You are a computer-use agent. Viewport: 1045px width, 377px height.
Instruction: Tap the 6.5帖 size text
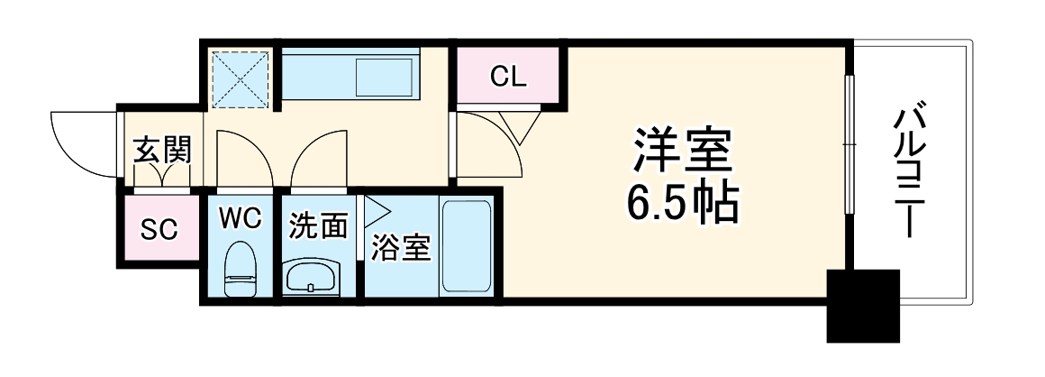tap(682, 206)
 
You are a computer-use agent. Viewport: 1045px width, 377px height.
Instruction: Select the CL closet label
tap(508, 78)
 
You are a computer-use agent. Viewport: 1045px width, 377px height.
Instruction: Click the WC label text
tap(240, 217)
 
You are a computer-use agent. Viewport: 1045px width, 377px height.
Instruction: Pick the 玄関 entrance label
tap(163, 150)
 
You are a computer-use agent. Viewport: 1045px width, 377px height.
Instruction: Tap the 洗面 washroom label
tap(318, 226)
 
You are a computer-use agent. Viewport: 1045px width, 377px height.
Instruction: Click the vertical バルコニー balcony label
tap(908, 171)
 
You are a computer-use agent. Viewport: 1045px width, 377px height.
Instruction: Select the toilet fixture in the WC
tap(240, 271)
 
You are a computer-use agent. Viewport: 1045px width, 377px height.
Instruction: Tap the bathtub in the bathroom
tap(467, 246)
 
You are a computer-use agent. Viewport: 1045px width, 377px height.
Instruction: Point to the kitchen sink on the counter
tap(384, 78)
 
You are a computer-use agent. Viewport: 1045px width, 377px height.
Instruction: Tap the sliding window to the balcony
tap(848, 144)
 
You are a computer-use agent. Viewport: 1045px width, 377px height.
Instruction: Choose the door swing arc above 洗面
tap(317, 158)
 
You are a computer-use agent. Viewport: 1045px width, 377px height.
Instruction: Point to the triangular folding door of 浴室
tap(375, 214)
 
